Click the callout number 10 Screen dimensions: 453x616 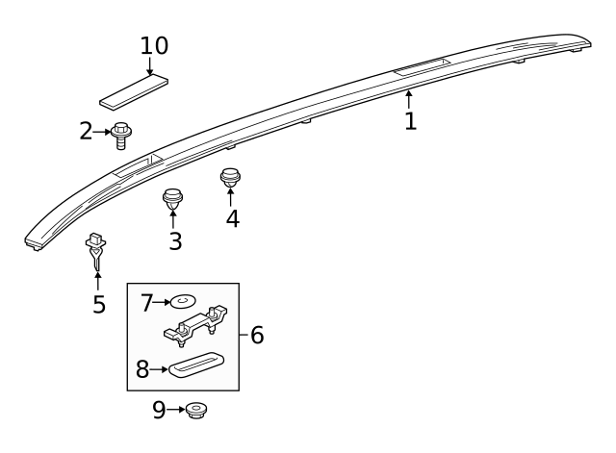coord(154,45)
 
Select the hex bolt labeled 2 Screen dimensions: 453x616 coord(121,135)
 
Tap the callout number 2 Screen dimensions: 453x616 coord(87,131)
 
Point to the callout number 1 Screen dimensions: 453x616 coord(410,121)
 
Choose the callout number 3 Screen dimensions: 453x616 coord(174,240)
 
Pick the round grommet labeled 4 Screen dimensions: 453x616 coord(230,178)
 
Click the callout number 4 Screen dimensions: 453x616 coord(232,218)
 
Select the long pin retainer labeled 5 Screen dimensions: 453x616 coord(97,251)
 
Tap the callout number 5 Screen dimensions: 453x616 coord(98,305)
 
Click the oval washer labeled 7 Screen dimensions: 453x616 coord(184,303)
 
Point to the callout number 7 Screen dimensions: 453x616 coord(147,303)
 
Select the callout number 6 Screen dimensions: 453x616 coord(256,335)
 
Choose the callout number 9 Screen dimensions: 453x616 coord(160,411)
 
